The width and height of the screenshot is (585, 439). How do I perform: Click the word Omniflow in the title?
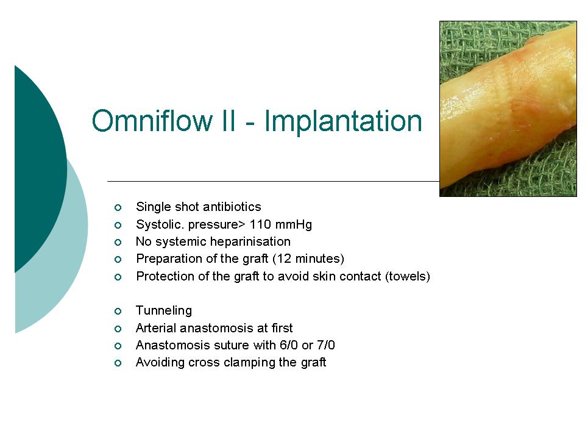coord(152,121)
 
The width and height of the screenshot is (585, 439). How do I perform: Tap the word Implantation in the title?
coord(343,121)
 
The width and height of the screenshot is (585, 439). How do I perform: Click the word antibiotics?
coord(232,207)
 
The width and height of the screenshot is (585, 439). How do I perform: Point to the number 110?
coord(260,224)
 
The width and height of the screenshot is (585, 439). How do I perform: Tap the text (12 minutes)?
coord(308,259)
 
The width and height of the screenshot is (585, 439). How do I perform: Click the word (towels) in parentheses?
coord(408,276)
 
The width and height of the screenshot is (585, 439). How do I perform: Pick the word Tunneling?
coord(164,310)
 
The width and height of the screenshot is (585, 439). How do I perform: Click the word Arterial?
coord(156,328)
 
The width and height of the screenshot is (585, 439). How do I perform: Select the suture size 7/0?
coord(325,345)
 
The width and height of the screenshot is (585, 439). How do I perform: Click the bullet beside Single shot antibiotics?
coord(118,207)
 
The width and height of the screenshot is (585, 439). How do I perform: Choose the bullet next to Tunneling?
coord(118,312)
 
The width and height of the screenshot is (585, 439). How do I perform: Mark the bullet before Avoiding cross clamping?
coord(118,363)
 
